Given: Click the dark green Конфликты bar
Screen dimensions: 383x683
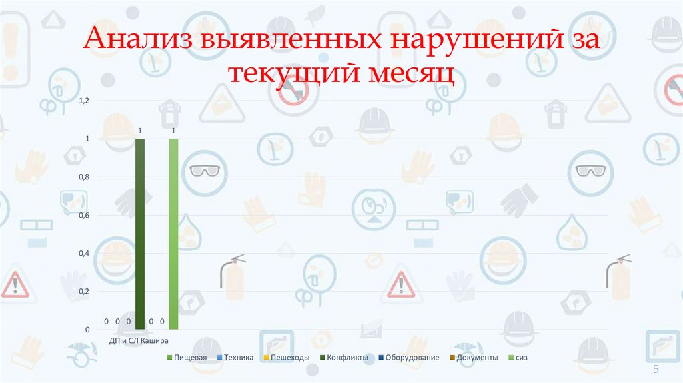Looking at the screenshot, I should (x=140, y=234).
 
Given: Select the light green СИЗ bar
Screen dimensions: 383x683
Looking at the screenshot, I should (x=173, y=234).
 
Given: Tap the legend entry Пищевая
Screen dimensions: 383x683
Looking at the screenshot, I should (x=187, y=358).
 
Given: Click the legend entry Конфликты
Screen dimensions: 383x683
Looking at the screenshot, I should (x=344, y=358).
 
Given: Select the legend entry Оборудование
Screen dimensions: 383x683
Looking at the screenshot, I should (x=408, y=358).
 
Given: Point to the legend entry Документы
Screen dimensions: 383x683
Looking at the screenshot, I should (x=474, y=358).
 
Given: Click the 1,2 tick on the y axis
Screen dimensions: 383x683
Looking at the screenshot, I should (x=84, y=101).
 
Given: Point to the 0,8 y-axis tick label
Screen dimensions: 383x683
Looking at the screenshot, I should (x=84, y=177).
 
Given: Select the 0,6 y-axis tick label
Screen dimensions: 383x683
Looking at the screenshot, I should (x=84, y=216).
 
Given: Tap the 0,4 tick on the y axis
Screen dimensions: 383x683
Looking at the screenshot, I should (x=84, y=254).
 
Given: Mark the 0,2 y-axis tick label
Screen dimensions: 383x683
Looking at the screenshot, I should (x=84, y=292).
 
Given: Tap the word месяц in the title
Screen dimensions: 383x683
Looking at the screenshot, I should (x=409, y=72).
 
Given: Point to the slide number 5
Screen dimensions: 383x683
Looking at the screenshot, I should (x=656, y=370).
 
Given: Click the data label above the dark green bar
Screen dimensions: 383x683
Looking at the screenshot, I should (x=140, y=131).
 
